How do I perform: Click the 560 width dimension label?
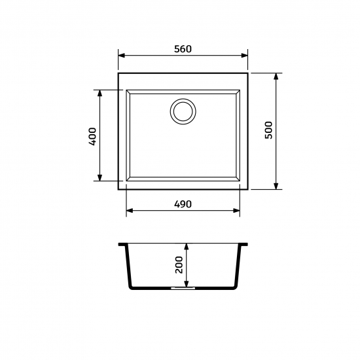(183, 49)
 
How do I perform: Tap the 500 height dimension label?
(268, 130)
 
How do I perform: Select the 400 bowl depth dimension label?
(92, 137)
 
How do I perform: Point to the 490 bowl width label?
(183, 204)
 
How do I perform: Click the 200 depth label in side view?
(179, 264)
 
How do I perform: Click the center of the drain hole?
(183, 111)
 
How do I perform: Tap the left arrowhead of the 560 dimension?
(122, 56)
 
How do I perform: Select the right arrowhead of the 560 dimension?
(245, 56)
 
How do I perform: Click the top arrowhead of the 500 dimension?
(276, 77)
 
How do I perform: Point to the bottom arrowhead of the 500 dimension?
(276, 186)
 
